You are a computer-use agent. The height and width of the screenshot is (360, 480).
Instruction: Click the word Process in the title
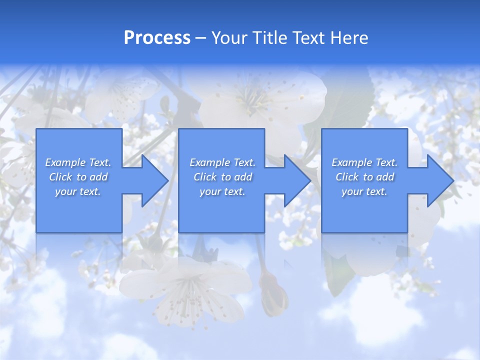pos(157,38)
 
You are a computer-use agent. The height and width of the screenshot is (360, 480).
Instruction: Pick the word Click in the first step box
pos(60,177)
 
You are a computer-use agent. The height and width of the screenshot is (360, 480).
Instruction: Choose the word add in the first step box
pos(98,177)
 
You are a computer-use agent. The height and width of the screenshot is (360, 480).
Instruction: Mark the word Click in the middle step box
pos(205,177)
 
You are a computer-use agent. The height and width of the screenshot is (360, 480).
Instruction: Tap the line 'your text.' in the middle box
pos(222,191)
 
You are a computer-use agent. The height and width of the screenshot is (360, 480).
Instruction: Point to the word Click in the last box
pos(347,177)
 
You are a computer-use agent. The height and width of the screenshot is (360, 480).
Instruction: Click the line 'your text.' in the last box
pos(364,191)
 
